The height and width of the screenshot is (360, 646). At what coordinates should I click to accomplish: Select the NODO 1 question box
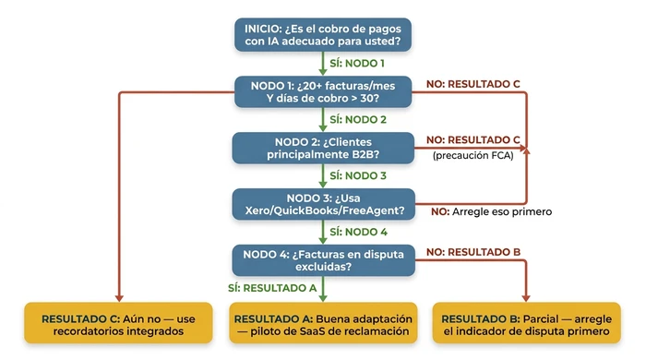point(323,92)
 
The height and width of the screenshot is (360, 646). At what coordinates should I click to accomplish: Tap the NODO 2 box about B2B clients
point(323,147)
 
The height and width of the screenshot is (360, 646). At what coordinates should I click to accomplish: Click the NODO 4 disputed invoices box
point(323,259)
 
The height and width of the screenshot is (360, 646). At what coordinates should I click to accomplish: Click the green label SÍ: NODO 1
point(358,64)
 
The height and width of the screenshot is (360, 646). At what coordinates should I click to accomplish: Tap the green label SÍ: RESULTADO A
point(272,288)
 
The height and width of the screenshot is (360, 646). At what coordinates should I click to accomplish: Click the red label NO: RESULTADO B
point(473,251)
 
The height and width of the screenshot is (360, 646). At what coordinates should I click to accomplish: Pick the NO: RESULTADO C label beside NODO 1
point(473,84)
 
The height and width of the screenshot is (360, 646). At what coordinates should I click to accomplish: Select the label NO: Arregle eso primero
point(492,211)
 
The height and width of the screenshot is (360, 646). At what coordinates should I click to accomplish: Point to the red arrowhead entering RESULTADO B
point(526,297)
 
